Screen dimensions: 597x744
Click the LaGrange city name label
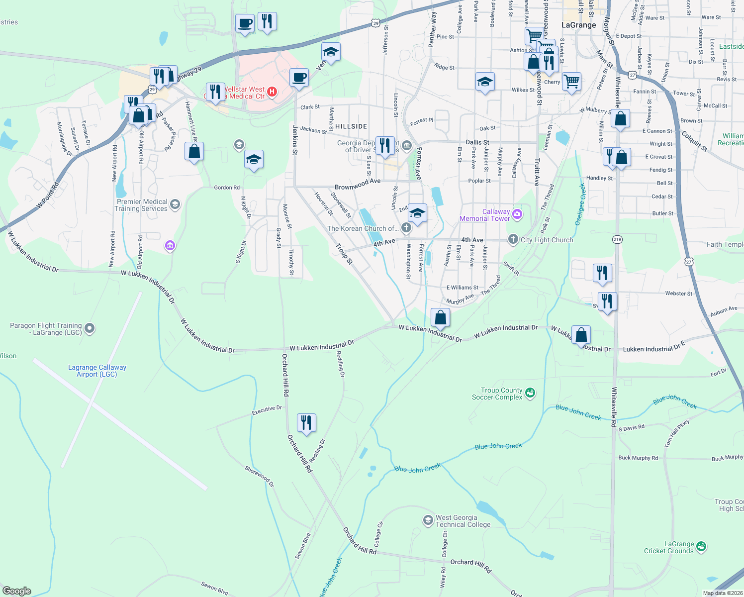[578, 25]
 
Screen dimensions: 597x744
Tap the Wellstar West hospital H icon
[272, 92]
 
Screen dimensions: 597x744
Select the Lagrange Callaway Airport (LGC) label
[97, 371]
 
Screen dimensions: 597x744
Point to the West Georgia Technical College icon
[428, 520]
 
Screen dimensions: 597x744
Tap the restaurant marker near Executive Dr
[306, 423]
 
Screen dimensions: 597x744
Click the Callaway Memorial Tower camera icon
[517, 214]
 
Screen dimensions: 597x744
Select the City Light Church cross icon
[513, 240]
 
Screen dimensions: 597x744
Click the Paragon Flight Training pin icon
[90, 328]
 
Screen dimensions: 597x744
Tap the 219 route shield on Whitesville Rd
[617, 239]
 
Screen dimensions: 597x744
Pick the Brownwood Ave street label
[358, 185]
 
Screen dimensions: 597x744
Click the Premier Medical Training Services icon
[175, 204]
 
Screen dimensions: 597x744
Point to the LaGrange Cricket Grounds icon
[701, 547]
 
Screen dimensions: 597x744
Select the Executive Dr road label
[267, 410]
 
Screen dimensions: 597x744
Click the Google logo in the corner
[16, 591]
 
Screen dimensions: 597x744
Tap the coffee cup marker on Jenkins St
[299, 78]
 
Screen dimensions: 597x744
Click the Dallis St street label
[477, 142]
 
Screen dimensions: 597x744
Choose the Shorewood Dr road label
[259, 477]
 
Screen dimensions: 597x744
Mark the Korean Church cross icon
[406, 228]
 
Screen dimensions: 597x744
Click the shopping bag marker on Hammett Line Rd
[194, 151]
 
